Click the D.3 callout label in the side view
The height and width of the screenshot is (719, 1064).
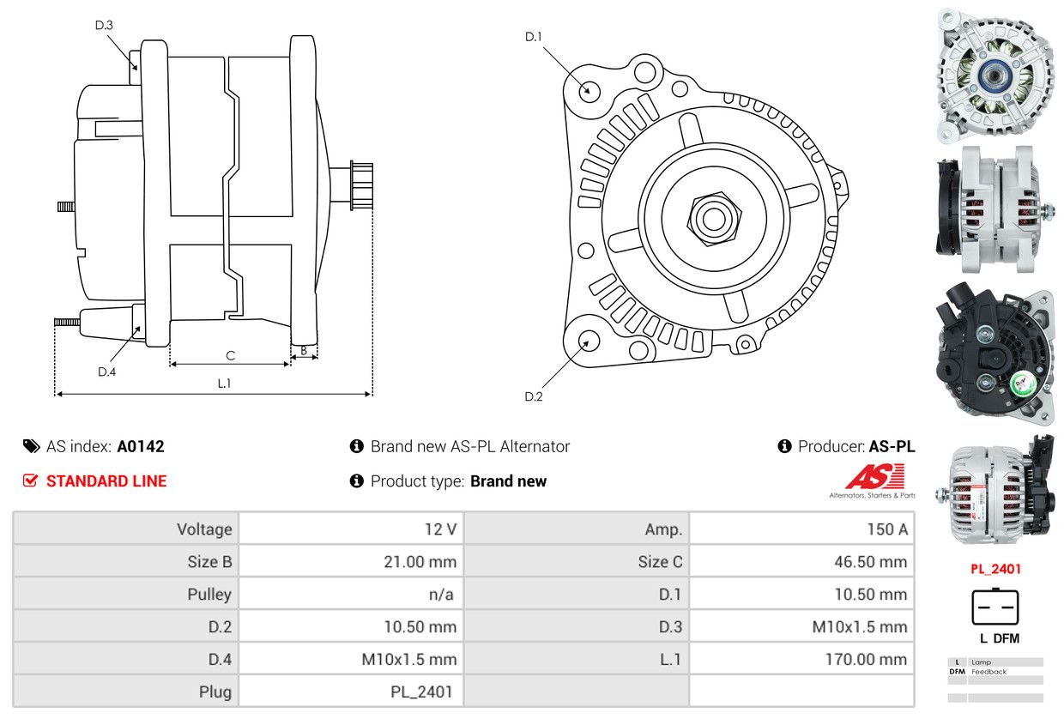click(x=104, y=25)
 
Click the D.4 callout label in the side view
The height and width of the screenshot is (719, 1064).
click(x=106, y=372)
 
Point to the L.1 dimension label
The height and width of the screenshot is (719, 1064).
click(x=224, y=384)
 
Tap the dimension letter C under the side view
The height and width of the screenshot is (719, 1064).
click(x=230, y=355)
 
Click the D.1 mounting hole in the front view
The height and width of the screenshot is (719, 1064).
click(x=589, y=89)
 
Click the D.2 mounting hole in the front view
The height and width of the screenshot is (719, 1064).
click(x=588, y=341)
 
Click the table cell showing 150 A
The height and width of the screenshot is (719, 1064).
click(x=801, y=529)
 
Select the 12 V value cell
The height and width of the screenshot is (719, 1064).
click(x=351, y=529)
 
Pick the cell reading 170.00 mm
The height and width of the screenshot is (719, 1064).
click(x=801, y=659)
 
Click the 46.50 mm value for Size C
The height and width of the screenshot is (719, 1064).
click(x=801, y=562)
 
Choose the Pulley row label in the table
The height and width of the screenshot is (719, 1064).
click(x=125, y=594)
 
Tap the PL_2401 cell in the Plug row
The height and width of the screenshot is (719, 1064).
click(x=351, y=692)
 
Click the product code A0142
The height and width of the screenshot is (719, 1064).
click(x=141, y=446)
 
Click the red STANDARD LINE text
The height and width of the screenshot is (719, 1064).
click(x=106, y=481)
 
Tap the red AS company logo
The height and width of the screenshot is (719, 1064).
click(x=874, y=477)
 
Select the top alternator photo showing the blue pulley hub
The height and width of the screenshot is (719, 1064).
click(x=994, y=75)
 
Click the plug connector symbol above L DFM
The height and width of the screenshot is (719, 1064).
click(x=994, y=607)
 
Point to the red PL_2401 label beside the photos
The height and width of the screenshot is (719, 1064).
click(x=995, y=569)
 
